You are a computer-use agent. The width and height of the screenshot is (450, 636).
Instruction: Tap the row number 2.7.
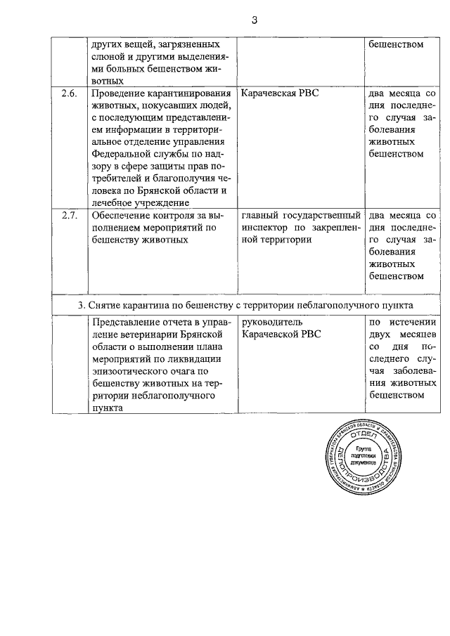[x=68, y=216]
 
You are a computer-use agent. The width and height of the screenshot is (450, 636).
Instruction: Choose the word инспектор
[x=266, y=228]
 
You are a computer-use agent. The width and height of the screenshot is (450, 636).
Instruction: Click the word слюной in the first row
[x=107, y=56]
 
